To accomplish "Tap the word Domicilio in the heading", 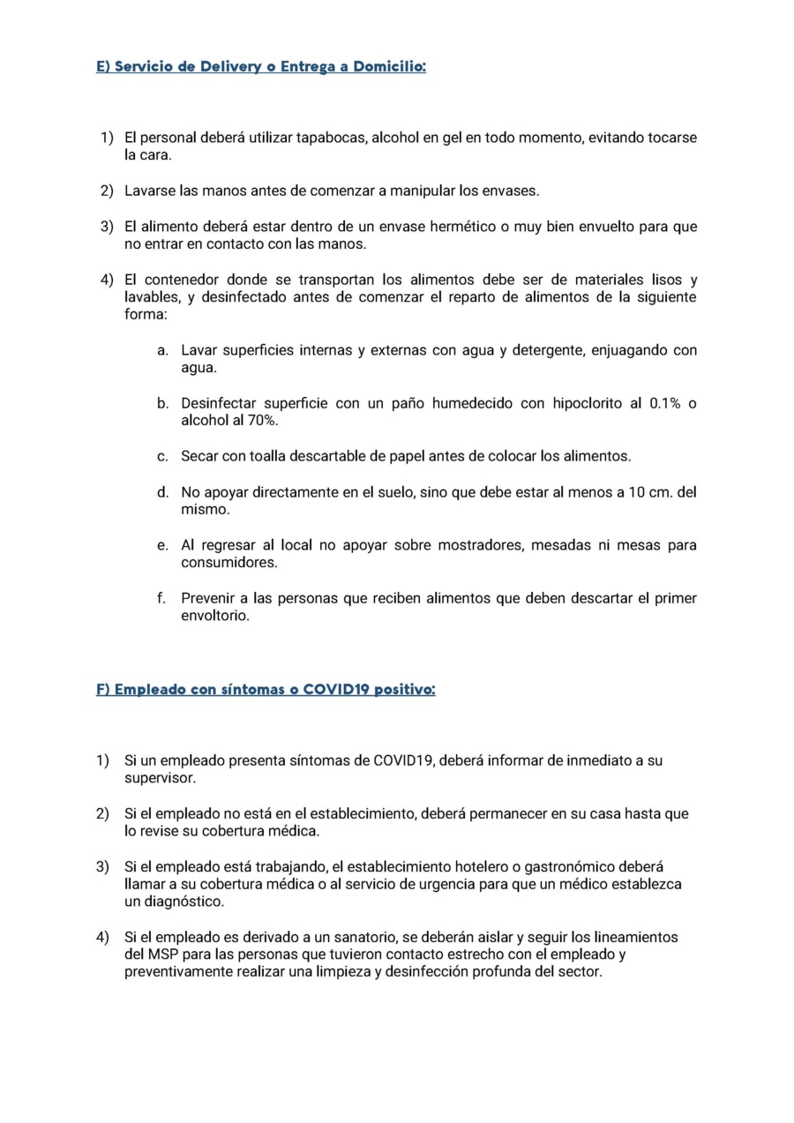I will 388,67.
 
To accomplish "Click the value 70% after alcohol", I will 258,421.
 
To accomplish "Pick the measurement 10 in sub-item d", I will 637,492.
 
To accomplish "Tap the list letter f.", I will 161,598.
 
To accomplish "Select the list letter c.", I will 162,457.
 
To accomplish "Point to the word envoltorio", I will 215,616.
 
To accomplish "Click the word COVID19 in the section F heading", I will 335,690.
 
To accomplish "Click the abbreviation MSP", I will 162,955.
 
